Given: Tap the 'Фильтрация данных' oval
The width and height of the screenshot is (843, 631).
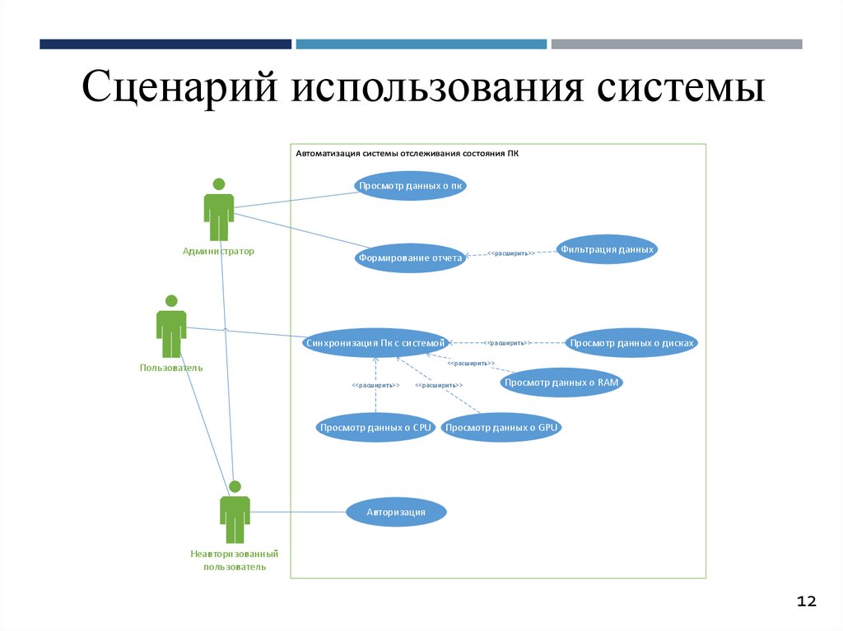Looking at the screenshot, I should coord(607,249).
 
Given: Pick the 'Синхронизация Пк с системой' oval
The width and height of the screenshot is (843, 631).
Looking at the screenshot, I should coord(375,342).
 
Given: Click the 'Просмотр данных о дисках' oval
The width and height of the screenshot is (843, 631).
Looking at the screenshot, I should coord(632,342).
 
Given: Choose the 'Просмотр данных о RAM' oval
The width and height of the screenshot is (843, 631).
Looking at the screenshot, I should coord(562,383).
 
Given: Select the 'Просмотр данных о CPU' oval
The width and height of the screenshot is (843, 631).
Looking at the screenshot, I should coord(375,428).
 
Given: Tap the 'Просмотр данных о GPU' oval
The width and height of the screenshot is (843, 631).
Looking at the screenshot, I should coord(501,428).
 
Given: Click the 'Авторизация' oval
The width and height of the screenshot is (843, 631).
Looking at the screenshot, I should coord(396,513).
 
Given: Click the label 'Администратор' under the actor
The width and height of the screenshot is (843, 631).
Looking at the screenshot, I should coord(219,251).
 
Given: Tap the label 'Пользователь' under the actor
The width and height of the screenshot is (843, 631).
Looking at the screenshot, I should coord(171,368).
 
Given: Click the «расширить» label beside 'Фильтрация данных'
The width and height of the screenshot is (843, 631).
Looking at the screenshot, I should coord(510,253).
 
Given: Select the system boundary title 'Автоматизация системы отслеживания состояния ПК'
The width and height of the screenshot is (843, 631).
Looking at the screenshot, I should coord(408,153).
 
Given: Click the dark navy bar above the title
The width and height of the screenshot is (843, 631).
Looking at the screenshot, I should coord(165,44).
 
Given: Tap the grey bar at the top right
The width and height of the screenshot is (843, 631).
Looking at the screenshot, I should coord(676,44).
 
